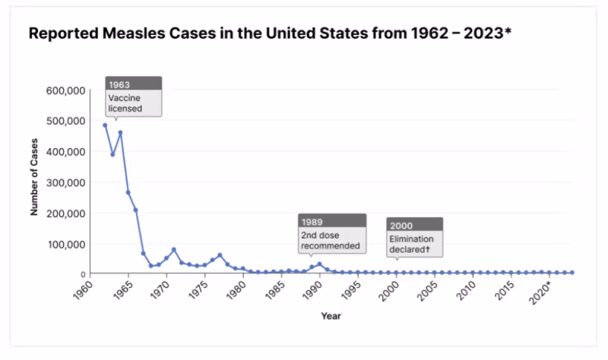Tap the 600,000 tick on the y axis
[66, 90]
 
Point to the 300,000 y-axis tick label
[66, 182]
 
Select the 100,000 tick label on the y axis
[66, 244]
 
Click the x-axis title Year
[331, 315]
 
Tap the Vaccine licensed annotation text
[125, 103]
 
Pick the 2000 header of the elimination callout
[401, 225]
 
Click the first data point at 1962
[105, 125]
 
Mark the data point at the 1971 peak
[174, 250]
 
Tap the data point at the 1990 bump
[319, 264]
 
